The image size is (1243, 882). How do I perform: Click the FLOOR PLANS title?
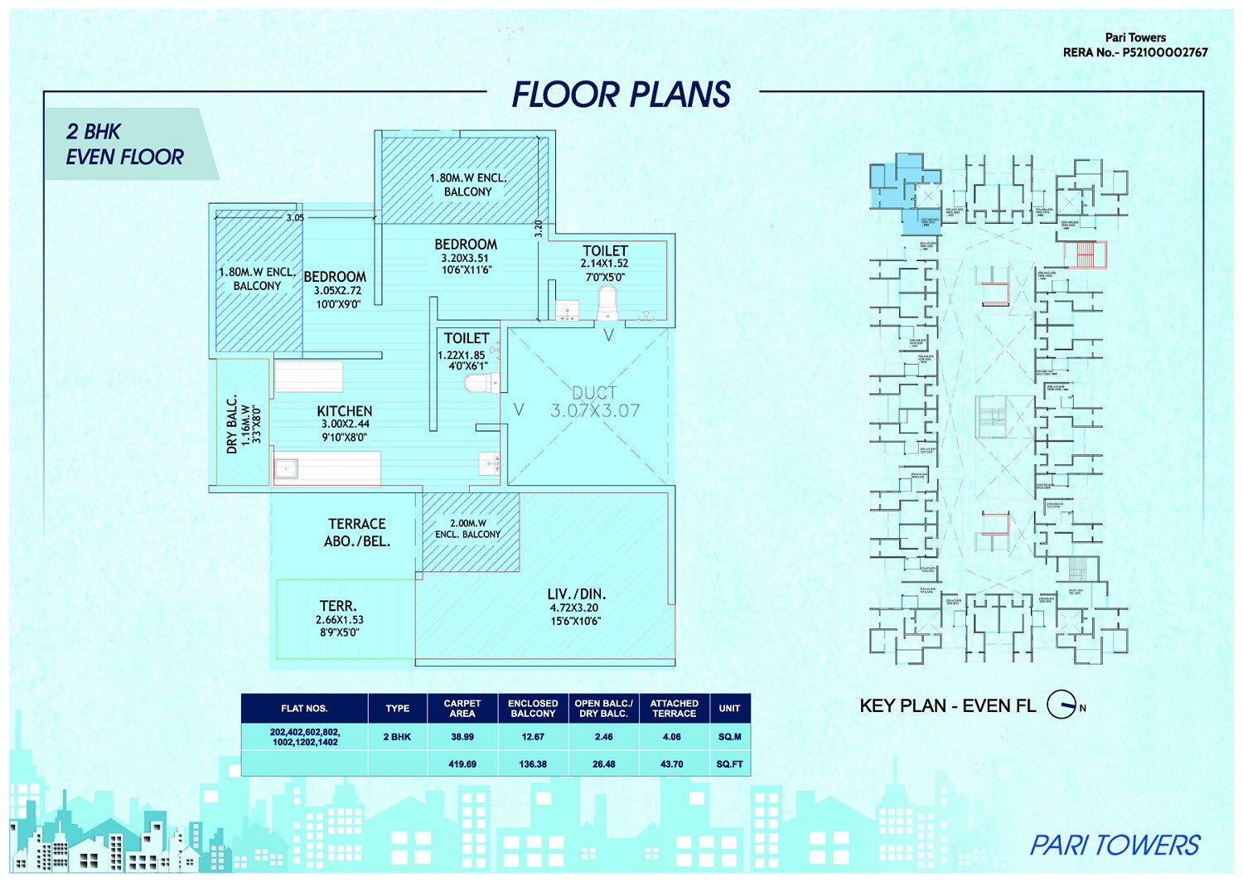pyautogui.click(x=621, y=94)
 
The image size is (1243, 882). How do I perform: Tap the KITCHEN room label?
pyautogui.click(x=345, y=412)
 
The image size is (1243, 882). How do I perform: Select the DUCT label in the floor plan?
pyautogui.click(x=594, y=393)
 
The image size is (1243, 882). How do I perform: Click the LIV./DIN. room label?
pyautogui.click(x=576, y=594)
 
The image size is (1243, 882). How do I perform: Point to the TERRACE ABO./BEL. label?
pyautogui.click(x=357, y=532)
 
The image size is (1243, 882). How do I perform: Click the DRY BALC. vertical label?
pyautogui.click(x=233, y=424)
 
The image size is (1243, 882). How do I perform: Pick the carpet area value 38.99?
pyautogui.click(x=462, y=737)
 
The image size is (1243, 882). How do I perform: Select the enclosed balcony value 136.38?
pyautogui.click(x=533, y=764)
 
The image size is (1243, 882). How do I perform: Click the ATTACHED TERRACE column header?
pyautogui.click(x=674, y=708)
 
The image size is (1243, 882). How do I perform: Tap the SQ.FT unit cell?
pyautogui.click(x=729, y=764)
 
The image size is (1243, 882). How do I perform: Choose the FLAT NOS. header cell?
pyautogui.click(x=304, y=709)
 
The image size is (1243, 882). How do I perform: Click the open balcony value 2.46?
pyautogui.click(x=603, y=737)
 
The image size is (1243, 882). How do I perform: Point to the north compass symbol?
pyautogui.click(x=1063, y=705)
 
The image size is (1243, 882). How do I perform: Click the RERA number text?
pyautogui.click(x=1135, y=52)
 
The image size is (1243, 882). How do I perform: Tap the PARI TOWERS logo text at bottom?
pyautogui.click(x=1115, y=846)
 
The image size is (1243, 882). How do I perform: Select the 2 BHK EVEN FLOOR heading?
pyautogui.click(x=124, y=144)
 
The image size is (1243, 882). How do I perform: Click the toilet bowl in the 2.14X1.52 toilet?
pyautogui.click(x=608, y=303)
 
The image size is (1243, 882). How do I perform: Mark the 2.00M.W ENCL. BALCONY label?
pyautogui.click(x=468, y=529)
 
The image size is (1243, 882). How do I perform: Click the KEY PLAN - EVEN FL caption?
pyautogui.click(x=947, y=706)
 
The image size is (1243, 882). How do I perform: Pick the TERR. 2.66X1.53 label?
pyautogui.click(x=339, y=607)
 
